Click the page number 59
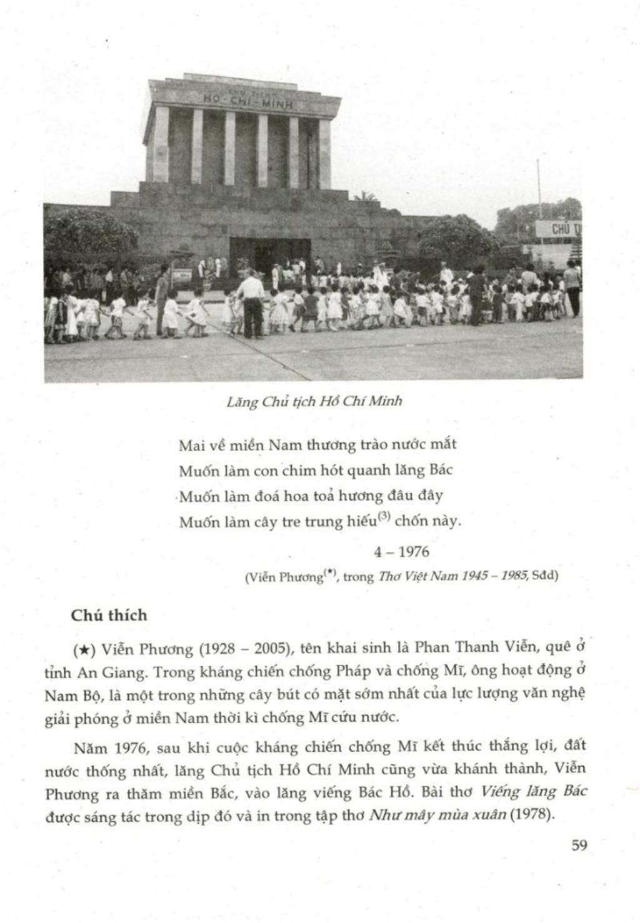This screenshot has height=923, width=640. [x=579, y=846]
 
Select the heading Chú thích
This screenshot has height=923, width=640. [x=109, y=616]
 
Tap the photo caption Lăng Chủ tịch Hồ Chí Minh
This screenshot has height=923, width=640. [x=314, y=401]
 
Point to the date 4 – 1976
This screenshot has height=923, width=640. [x=401, y=551]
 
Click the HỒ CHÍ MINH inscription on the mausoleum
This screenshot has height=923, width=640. [x=249, y=101]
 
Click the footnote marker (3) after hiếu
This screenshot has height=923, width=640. [x=384, y=516]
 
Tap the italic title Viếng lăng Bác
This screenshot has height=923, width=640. [x=534, y=792]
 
